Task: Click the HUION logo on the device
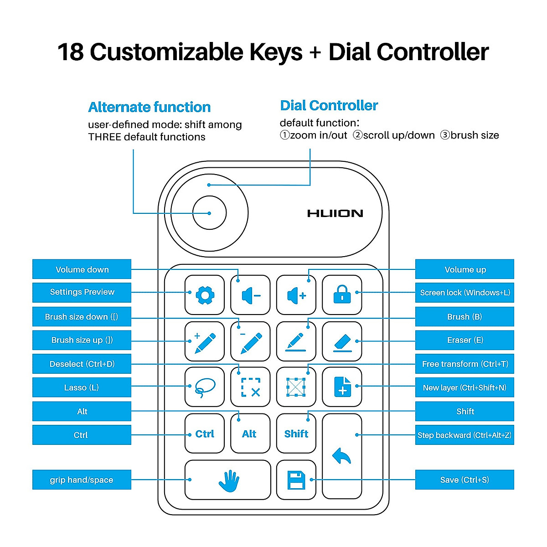(335, 213)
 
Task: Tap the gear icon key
(205, 295)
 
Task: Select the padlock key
(342, 295)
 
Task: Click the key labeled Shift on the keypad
(296, 433)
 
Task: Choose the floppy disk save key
(296, 480)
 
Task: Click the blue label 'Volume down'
(82, 269)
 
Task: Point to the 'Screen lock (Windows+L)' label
(464, 293)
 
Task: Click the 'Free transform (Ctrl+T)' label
(464, 364)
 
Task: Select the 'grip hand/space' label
(82, 480)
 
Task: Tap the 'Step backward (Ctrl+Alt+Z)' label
(464, 435)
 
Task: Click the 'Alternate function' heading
(149, 107)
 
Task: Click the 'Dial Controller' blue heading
(329, 105)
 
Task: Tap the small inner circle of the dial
(209, 213)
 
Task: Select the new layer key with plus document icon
(342, 387)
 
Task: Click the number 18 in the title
(71, 52)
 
